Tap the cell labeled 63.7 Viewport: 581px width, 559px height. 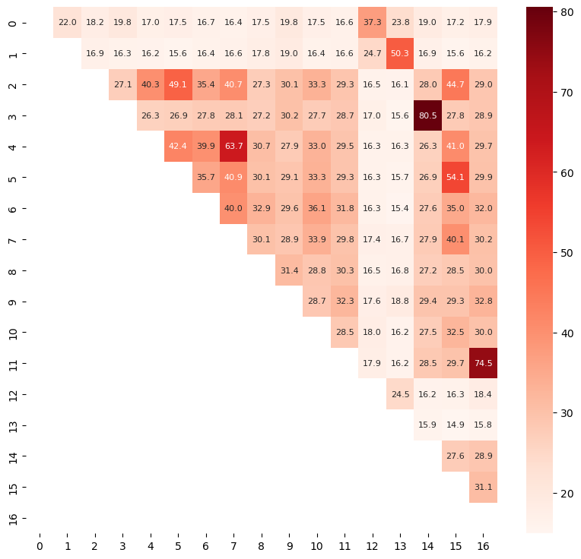click(233, 147)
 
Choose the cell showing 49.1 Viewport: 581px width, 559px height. click(178, 86)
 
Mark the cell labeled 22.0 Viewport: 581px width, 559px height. click(68, 24)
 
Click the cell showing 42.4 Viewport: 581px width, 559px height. click(178, 147)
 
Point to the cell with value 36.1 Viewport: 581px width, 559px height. click(316, 209)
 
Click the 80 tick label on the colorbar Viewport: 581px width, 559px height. click(565, 13)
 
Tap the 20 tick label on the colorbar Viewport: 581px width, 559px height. click(565, 493)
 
